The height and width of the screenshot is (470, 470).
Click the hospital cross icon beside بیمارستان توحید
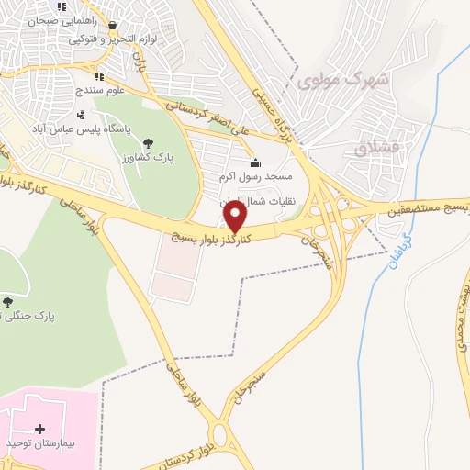39,428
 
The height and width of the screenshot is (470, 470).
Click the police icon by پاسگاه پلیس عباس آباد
81,115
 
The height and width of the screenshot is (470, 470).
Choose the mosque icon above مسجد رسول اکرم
254,162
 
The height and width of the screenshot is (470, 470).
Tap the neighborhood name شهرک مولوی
344,80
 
